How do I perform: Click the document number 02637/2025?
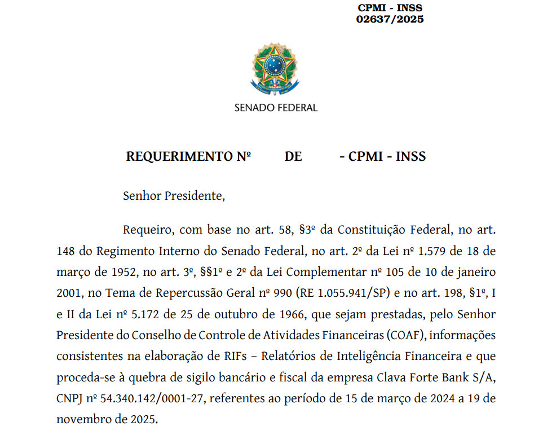click(x=390, y=19)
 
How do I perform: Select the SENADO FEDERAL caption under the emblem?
click(x=276, y=107)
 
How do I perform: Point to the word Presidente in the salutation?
click(x=194, y=196)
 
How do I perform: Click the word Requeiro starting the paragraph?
click(x=143, y=230)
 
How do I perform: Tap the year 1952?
click(x=123, y=272)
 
